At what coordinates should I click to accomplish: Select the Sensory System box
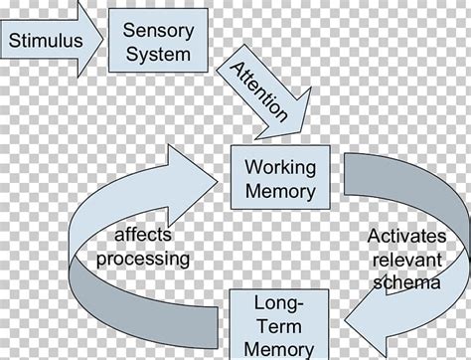[157, 41]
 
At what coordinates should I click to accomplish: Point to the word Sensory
[157, 31]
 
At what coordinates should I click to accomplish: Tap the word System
[157, 54]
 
